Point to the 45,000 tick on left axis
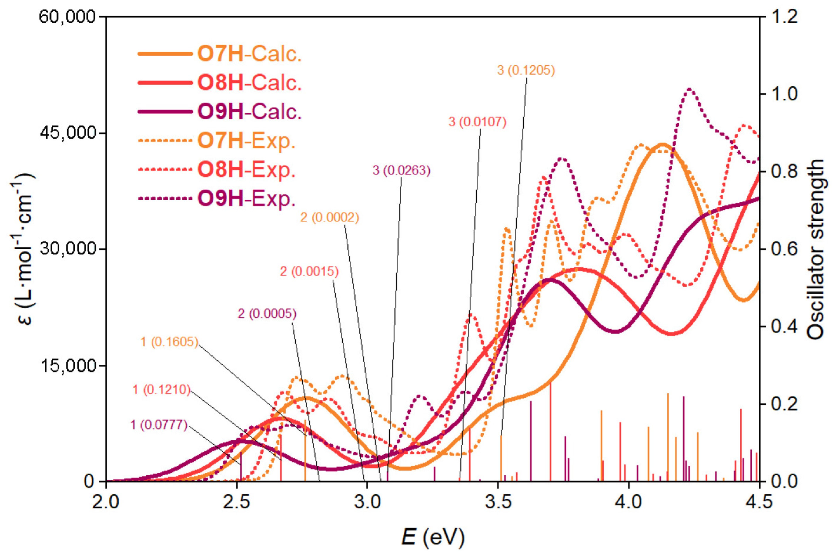(68, 133)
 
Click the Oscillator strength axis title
(816, 249)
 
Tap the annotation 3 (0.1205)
(526, 70)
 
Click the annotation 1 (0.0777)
(159, 425)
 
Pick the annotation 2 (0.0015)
(309, 272)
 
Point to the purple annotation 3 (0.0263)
(401, 170)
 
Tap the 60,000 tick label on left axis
(68, 17)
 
